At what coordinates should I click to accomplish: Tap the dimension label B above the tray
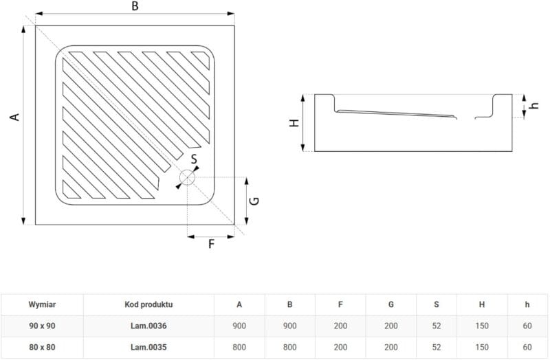click(x=135, y=6)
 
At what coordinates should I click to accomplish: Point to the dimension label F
click(x=211, y=244)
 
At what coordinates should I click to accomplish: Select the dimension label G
click(x=253, y=201)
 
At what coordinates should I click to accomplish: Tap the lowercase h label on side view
click(x=533, y=106)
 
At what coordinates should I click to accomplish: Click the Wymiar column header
click(x=42, y=304)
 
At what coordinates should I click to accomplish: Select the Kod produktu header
click(x=148, y=304)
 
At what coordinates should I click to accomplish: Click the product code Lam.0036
click(x=148, y=326)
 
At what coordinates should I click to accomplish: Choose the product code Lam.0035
click(x=148, y=348)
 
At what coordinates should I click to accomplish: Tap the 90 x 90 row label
click(x=42, y=326)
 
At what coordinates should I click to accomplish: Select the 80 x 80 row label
click(x=42, y=348)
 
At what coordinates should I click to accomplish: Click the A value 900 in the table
click(x=239, y=326)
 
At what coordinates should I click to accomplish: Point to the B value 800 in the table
click(x=289, y=348)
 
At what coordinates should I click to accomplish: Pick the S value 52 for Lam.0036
click(x=437, y=326)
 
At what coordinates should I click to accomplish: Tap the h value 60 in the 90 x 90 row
click(x=527, y=326)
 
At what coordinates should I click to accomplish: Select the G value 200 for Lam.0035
click(x=390, y=348)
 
